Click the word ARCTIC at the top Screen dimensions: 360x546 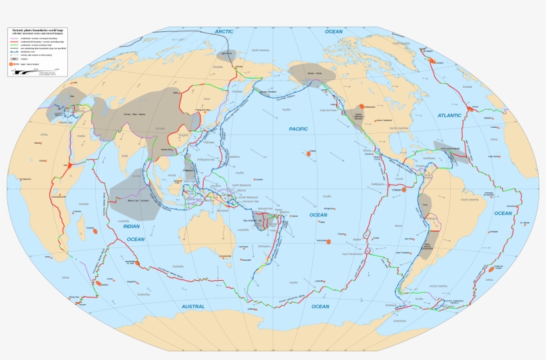click(224, 31)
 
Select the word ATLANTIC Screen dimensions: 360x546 click(449, 115)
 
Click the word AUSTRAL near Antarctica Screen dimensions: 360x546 click(193, 306)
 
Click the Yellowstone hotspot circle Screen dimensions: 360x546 click(362, 106)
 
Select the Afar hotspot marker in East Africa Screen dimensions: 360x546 click(67, 164)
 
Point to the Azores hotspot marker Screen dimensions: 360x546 click(469, 108)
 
